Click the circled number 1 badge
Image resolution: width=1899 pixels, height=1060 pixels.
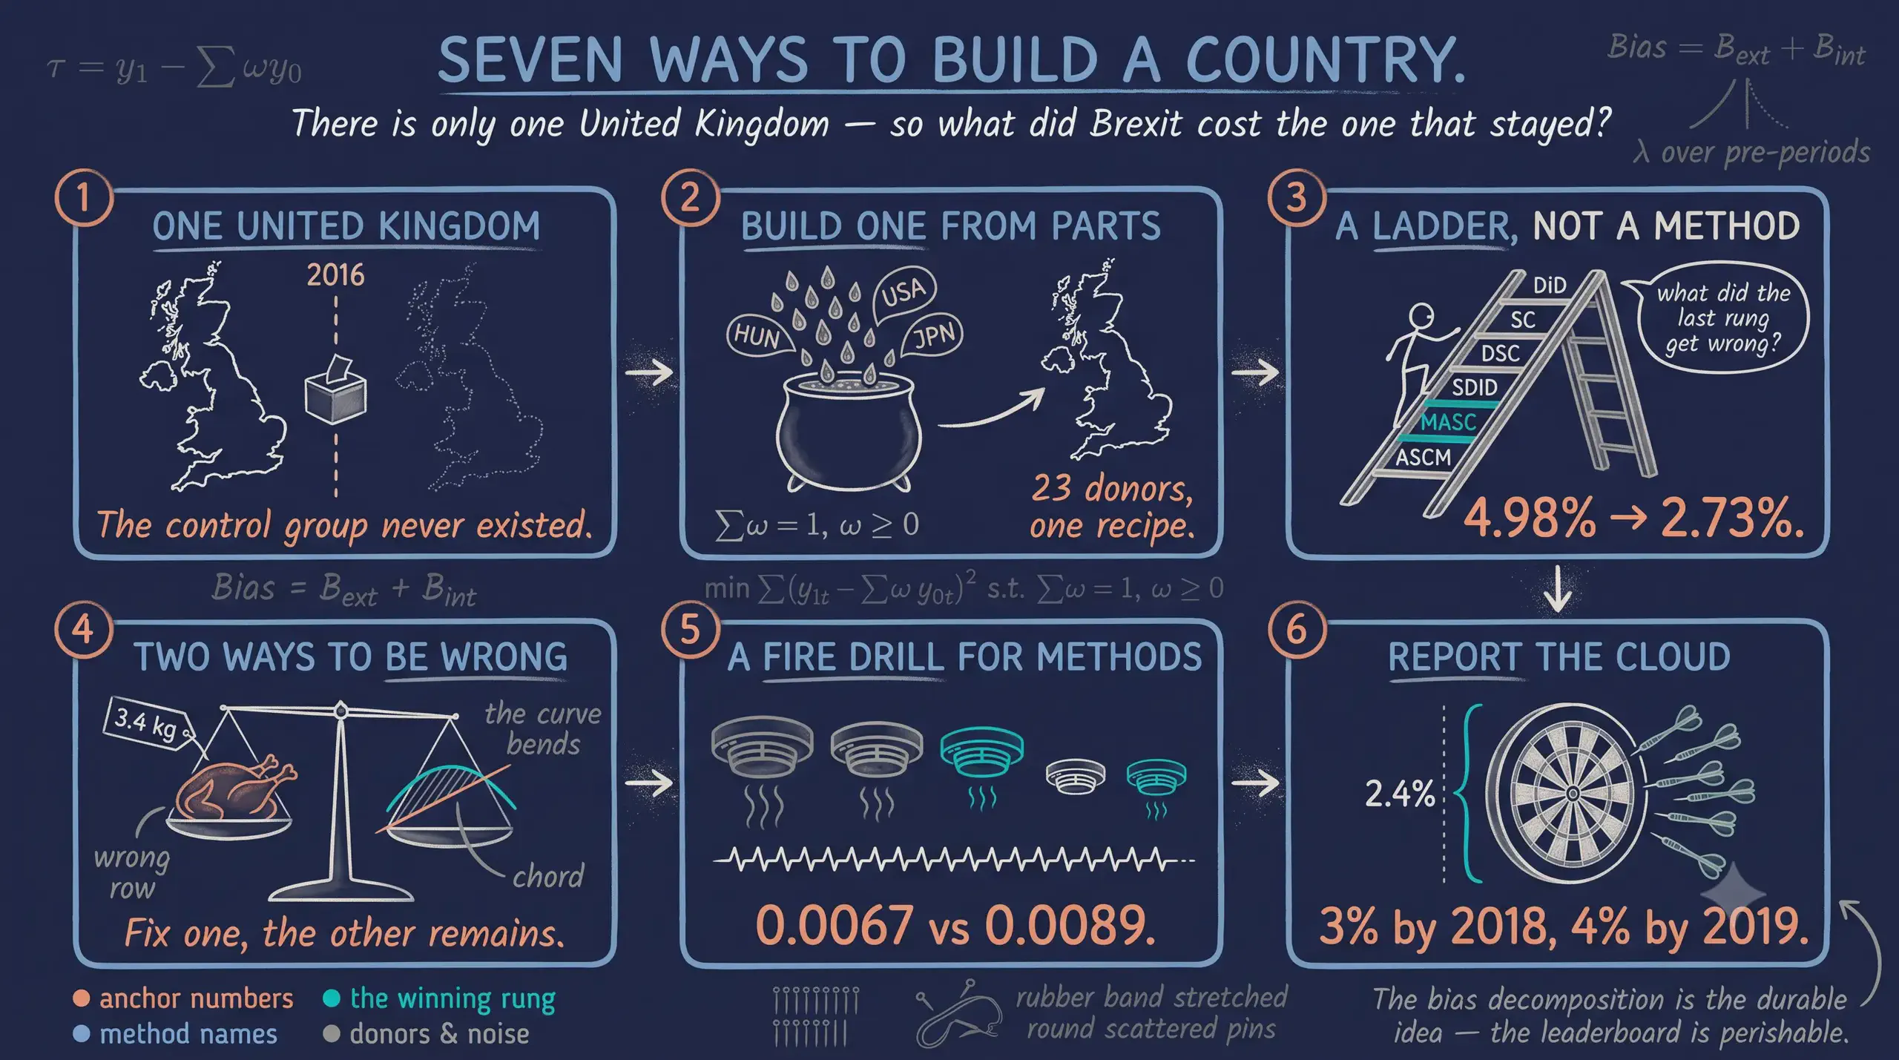83,198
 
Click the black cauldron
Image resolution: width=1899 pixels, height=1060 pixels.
848,432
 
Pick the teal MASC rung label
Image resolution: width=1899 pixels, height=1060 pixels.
1448,423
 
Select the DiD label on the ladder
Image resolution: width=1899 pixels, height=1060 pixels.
1550,286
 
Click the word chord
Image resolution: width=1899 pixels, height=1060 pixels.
548,877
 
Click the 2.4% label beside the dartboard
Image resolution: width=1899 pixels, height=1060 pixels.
1400,794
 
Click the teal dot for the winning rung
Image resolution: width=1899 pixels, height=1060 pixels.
332,998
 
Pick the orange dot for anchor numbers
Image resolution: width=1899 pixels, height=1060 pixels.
82,998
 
